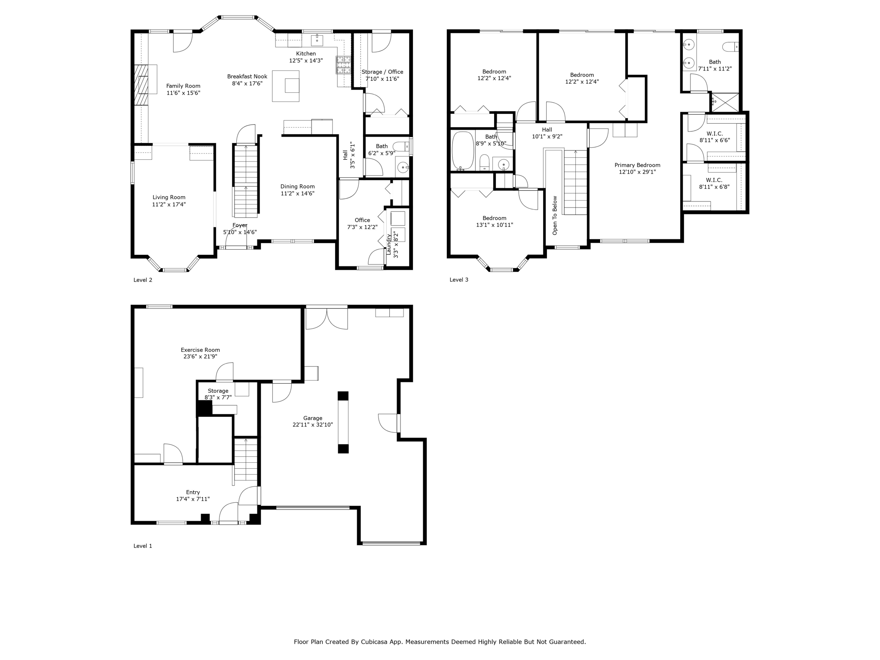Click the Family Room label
183,86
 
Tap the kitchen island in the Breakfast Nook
286,86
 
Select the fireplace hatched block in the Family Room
141,85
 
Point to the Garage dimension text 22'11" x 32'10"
312,425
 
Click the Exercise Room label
200,350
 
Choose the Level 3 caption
458,280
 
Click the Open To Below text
555,215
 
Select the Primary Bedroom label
637,165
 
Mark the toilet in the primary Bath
730,46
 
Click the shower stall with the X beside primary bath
725,102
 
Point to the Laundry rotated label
389,244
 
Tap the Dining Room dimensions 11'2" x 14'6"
297,193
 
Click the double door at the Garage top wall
326,318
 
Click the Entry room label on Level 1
192,492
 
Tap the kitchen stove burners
343,65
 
